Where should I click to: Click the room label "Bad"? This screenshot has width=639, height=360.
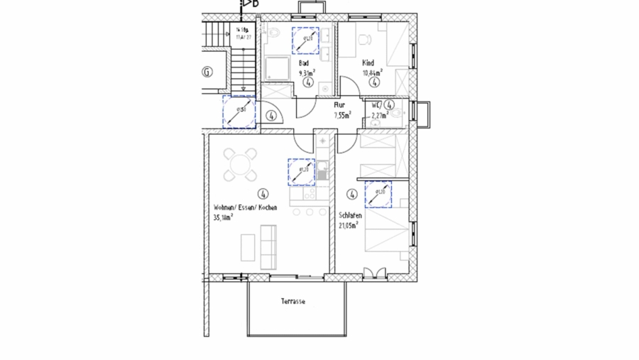click(x=303, y=63)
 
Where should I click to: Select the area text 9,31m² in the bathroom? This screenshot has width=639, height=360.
click(x=307, y=72)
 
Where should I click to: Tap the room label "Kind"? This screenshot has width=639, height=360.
click(x=368, y=63)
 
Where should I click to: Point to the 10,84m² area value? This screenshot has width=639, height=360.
click(x=372, y=72)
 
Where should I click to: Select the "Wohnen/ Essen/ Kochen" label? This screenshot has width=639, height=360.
click(x=245, y=208)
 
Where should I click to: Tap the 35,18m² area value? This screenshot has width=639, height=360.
click(x=224, y=217)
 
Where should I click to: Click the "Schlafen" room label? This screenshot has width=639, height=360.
click(x=351, y=215)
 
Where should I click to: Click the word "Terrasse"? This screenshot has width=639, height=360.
click(x=293, y=302)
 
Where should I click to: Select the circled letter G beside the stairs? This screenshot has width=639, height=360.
click(x=207, y=72)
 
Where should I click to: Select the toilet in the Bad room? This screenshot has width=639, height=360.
click(x=273, y=32)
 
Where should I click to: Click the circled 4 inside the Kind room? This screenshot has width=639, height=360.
click(x=374, y=82)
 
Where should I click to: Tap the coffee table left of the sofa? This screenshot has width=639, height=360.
click(x=248, y=248)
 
